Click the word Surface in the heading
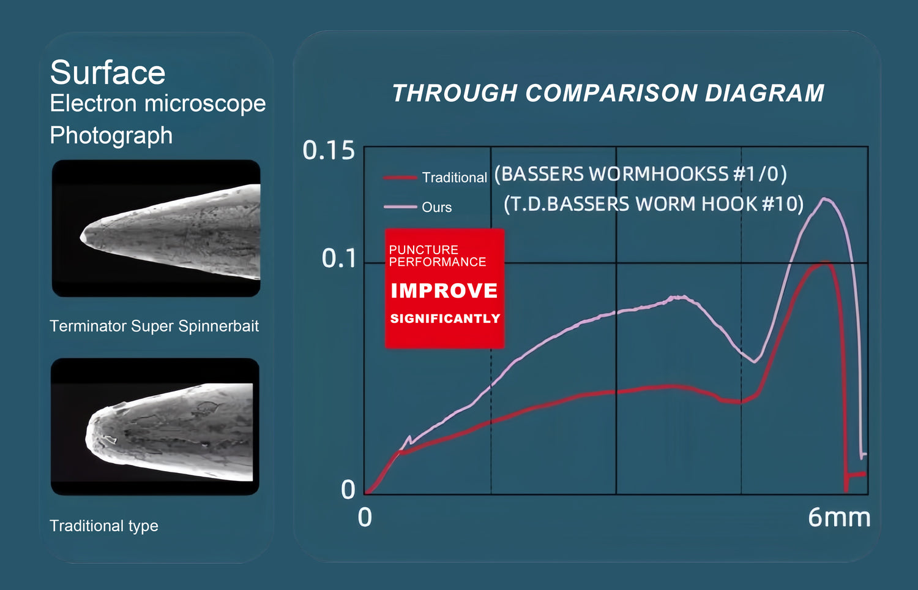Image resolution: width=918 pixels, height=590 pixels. coord(108,73)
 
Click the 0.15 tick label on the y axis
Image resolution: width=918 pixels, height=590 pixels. coord(329,150)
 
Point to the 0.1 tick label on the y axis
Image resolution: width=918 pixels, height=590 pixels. coord(339,259)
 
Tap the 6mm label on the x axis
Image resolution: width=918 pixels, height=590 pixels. coord(839,517)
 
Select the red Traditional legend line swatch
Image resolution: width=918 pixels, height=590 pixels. coord(400,178)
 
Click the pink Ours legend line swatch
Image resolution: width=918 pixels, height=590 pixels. coord(400,207)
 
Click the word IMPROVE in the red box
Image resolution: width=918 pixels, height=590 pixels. coord(444,290)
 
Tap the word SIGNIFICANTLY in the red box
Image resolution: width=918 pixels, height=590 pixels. coord(445,319)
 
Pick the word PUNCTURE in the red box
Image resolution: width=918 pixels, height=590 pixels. coord(424,249)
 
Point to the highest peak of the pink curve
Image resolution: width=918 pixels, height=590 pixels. coord(824,199)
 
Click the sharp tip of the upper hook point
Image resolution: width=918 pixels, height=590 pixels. coord(81,236)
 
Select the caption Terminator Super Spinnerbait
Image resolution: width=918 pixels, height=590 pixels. coord(154,326)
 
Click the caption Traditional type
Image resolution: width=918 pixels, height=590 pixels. coord(103,526)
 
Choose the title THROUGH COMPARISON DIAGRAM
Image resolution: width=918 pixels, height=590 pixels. coord(608,93)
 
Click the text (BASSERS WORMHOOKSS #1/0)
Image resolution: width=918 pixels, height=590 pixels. coord(641,174)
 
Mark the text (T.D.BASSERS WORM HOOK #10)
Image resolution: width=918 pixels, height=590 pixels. coord(654,204)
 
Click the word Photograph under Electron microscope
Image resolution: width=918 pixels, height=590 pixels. coord(111,136)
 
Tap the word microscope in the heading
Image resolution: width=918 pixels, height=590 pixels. coord(205,104)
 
